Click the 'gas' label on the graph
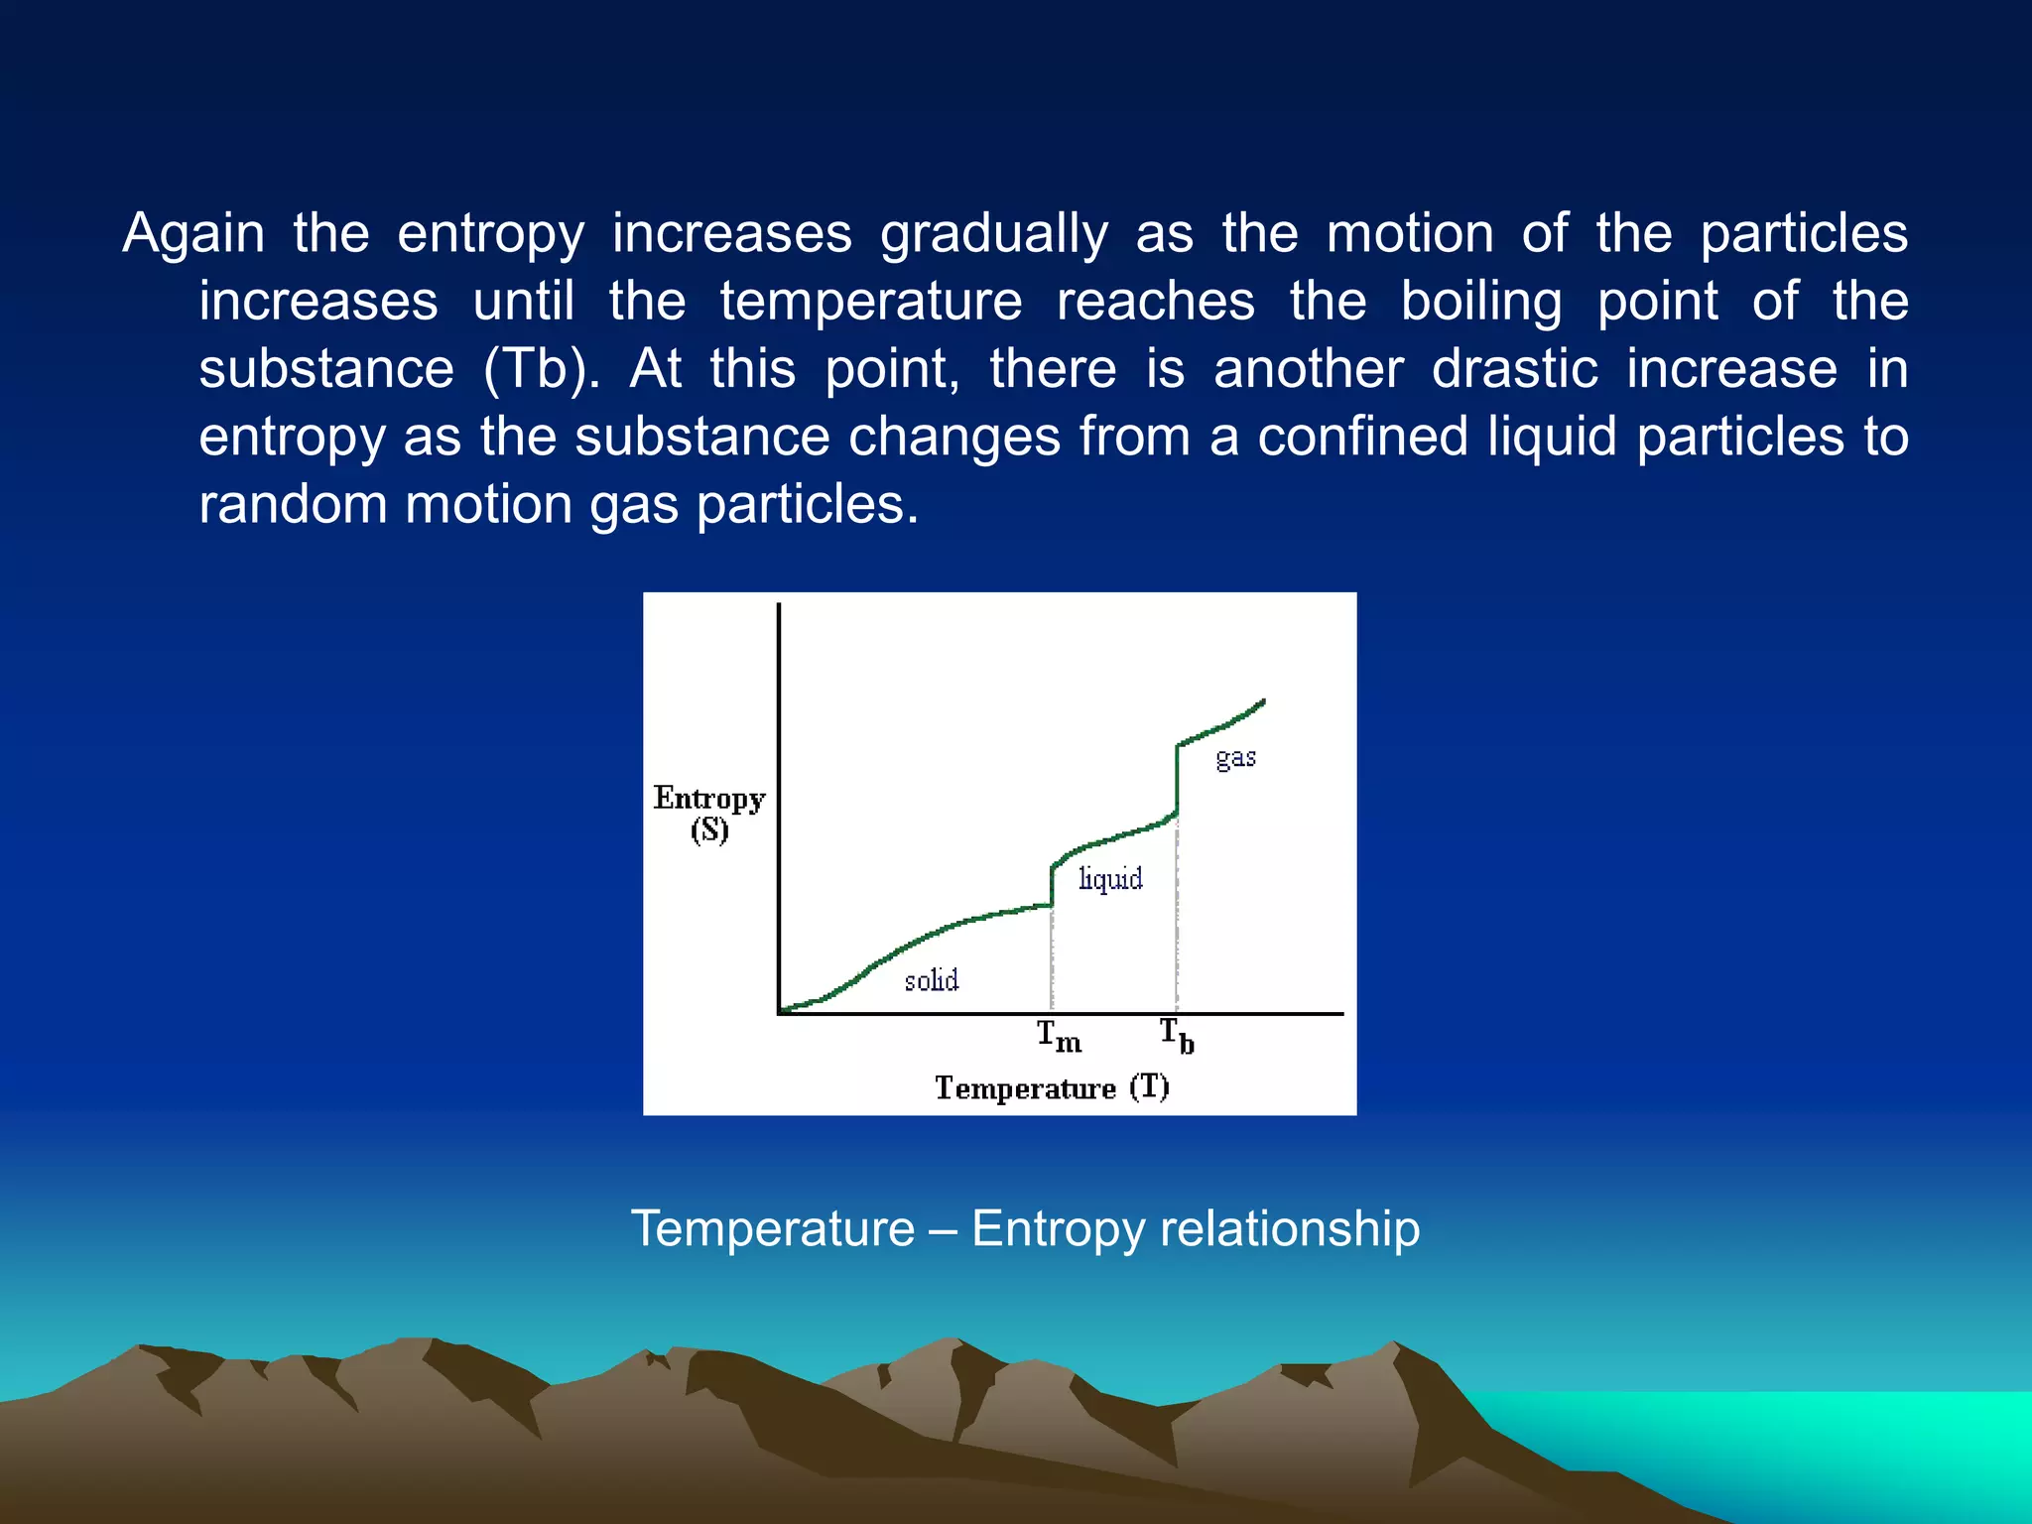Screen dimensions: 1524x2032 point(1235,759)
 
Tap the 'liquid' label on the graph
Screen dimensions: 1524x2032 point(1110,879)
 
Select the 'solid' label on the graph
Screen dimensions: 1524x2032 point(931,980)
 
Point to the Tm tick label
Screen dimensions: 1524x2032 point(1059,1037)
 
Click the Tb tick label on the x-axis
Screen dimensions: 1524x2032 point(1177,1036)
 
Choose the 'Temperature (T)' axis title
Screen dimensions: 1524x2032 point(1052,1087)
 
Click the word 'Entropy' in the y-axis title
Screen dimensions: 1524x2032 point(708,799)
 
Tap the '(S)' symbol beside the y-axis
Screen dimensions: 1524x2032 point(709,830)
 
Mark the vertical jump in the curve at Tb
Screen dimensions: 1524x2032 point(1177,780)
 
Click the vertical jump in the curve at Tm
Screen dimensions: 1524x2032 point(1052,886)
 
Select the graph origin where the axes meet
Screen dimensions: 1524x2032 point(780,1013)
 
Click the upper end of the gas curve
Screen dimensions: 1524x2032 point(1262,702)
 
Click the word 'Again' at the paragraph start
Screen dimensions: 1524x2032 point(193,234)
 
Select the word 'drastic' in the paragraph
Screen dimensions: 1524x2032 point(1514,369)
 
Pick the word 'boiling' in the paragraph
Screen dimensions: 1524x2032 point(1480,302)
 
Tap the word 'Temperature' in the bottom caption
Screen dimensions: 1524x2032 point(773,1228)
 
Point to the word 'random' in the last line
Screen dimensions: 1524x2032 point(292,504)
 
